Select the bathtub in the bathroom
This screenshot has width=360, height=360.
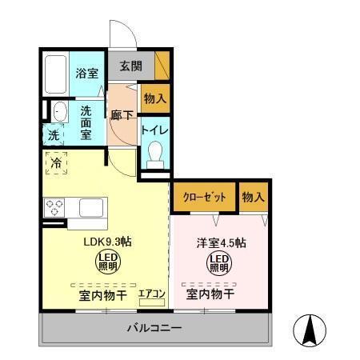pyautogui.click(x=54, y=74)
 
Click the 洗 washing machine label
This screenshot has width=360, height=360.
pyautogui.click(x=54, y=135)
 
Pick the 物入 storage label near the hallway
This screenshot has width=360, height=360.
pyautogui.click(x=155, y=99)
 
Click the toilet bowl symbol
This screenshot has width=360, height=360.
pyautogui.click(x=155, y=151)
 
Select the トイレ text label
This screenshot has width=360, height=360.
pyautogui.click(x=154, y=129)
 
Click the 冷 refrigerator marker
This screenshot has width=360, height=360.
pyautogui.click(x=56, y=163)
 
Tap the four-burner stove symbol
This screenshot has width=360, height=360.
pyautogui.click(x=54, y=208)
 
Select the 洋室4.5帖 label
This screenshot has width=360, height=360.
pyautogui.click(x=221, y=242)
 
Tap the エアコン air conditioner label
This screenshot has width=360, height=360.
pyautogui.click(x=152, y=294)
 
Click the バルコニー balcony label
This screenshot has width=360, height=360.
pyautogui.click(x=155, y=328)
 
